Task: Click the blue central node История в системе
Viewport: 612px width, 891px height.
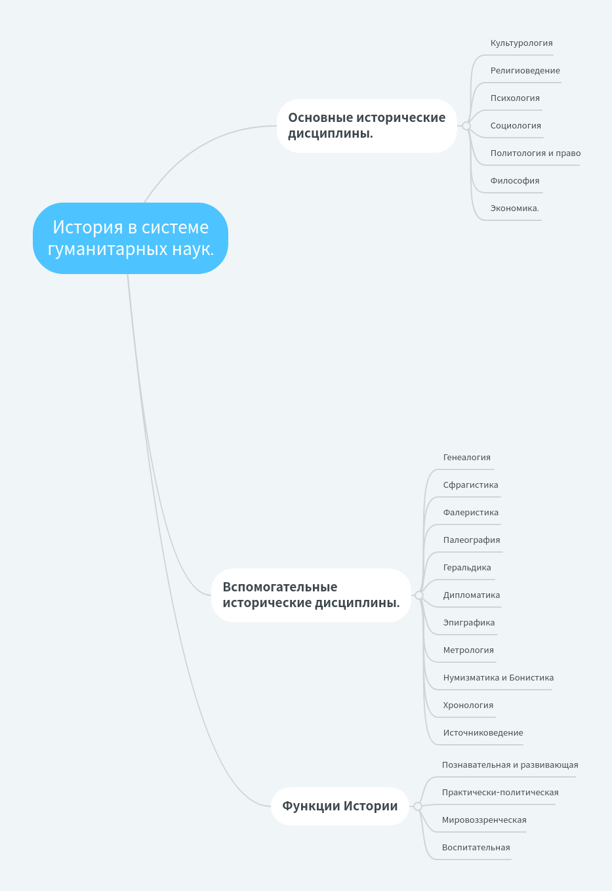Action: pos(131,238)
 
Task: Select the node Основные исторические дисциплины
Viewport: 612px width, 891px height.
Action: pos(367,126)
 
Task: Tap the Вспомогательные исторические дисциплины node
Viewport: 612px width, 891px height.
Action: pos(311,595)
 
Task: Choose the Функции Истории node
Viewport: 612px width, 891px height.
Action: pos(340,806)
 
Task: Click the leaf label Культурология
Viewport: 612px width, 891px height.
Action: pos(521,43)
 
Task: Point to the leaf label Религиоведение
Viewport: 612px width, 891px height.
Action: pos(525,71)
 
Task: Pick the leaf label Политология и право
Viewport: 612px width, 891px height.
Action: pos(535,153)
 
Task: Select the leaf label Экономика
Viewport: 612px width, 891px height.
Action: pos(514,208)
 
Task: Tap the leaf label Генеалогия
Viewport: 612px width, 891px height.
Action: pos(466,458)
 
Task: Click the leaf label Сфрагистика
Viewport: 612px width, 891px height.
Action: pos(470,485)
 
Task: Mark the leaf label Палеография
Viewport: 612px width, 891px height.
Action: pos(471,540)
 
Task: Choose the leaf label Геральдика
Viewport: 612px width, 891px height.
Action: pos(466,568)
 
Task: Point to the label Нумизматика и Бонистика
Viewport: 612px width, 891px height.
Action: pos(498,678)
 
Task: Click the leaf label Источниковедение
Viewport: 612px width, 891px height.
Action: pos(483,733)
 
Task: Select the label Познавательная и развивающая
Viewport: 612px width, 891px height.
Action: pos(510,765)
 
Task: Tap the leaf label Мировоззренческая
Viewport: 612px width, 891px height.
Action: pos(483,820)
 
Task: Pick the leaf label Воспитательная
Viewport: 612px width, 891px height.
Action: pos(476,848)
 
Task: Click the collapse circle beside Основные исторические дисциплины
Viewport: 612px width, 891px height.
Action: pos(466,126)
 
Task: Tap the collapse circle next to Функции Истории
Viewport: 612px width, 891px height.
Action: pos(418,806)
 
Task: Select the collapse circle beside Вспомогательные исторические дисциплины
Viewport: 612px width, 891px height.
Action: pos(419,595)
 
